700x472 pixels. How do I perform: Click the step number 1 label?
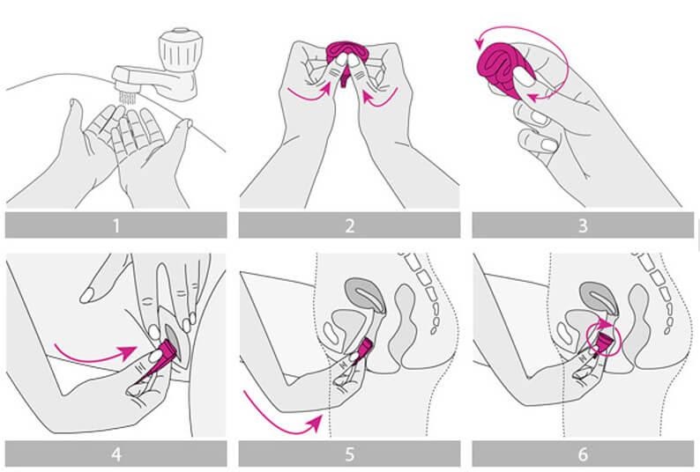[116, 225]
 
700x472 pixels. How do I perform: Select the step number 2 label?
[349, 225]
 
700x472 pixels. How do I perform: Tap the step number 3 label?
[582, 225]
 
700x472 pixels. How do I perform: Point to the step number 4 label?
[116, 454]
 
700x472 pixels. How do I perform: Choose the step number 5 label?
[349, 454]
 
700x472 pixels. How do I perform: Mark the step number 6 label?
[582, 454]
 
